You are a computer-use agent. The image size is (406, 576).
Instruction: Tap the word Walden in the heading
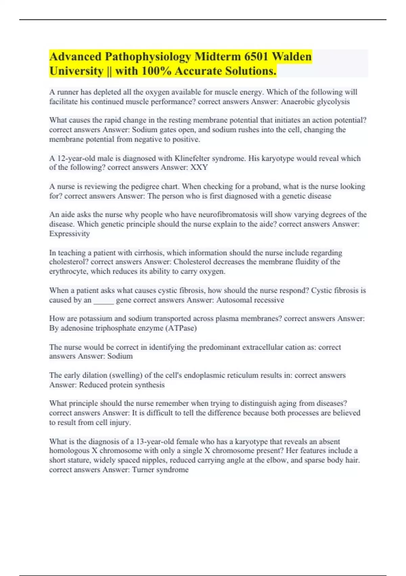pyautogui.click(x=292, y=56)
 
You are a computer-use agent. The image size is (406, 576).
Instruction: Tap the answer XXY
pyautogui.click(x=199, y=167)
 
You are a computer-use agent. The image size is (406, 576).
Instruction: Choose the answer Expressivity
pyautogui.click(x=69, y=233)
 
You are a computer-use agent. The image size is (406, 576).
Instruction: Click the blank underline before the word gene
pyautogui.click(x=104, y=300)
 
